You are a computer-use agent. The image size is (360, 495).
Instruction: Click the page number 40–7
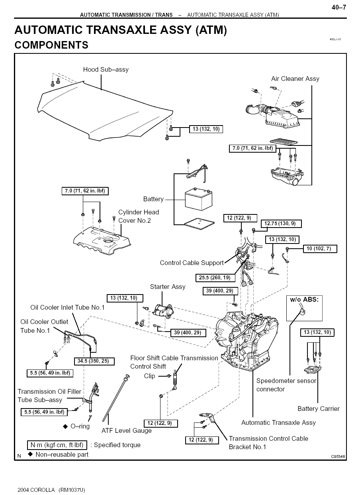339,8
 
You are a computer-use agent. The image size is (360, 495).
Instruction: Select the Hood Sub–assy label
106,70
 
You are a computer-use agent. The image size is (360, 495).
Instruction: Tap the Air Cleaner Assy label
295,79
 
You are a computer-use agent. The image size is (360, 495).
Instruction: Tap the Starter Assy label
168,287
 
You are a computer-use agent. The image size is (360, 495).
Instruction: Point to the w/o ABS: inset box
304,308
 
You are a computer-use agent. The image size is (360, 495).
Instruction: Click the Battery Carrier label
319,409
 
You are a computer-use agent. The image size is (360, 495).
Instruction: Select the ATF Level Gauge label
127,430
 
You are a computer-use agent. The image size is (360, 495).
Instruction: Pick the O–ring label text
80,426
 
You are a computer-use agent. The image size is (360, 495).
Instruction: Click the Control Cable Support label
192,263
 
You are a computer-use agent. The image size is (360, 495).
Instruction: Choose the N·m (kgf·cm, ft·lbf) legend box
57,445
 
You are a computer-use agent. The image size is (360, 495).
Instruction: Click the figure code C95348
338,457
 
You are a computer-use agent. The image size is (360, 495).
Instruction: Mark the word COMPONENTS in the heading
51,45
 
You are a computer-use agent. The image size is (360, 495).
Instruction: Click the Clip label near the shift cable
149,376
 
